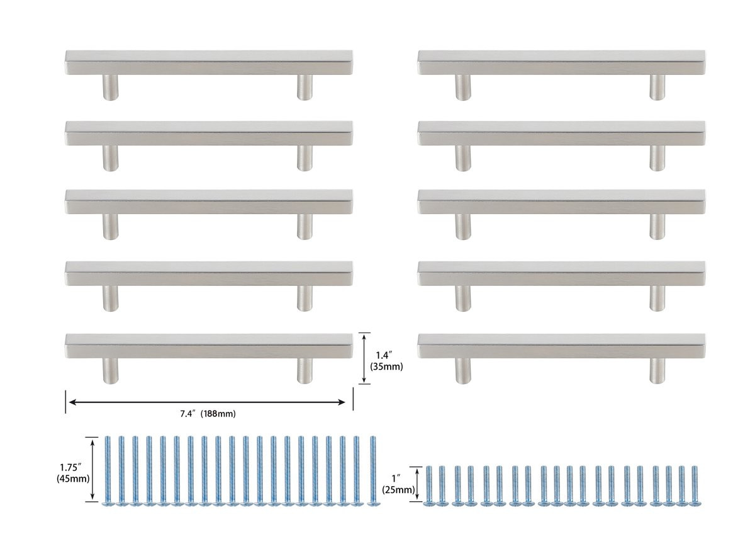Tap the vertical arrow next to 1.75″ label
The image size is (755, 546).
pos(92,470)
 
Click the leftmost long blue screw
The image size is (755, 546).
pos(108,470)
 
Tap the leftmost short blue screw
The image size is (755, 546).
pos(428,485)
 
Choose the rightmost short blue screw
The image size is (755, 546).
pos(695,485)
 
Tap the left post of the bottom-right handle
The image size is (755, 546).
pos(462,370)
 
